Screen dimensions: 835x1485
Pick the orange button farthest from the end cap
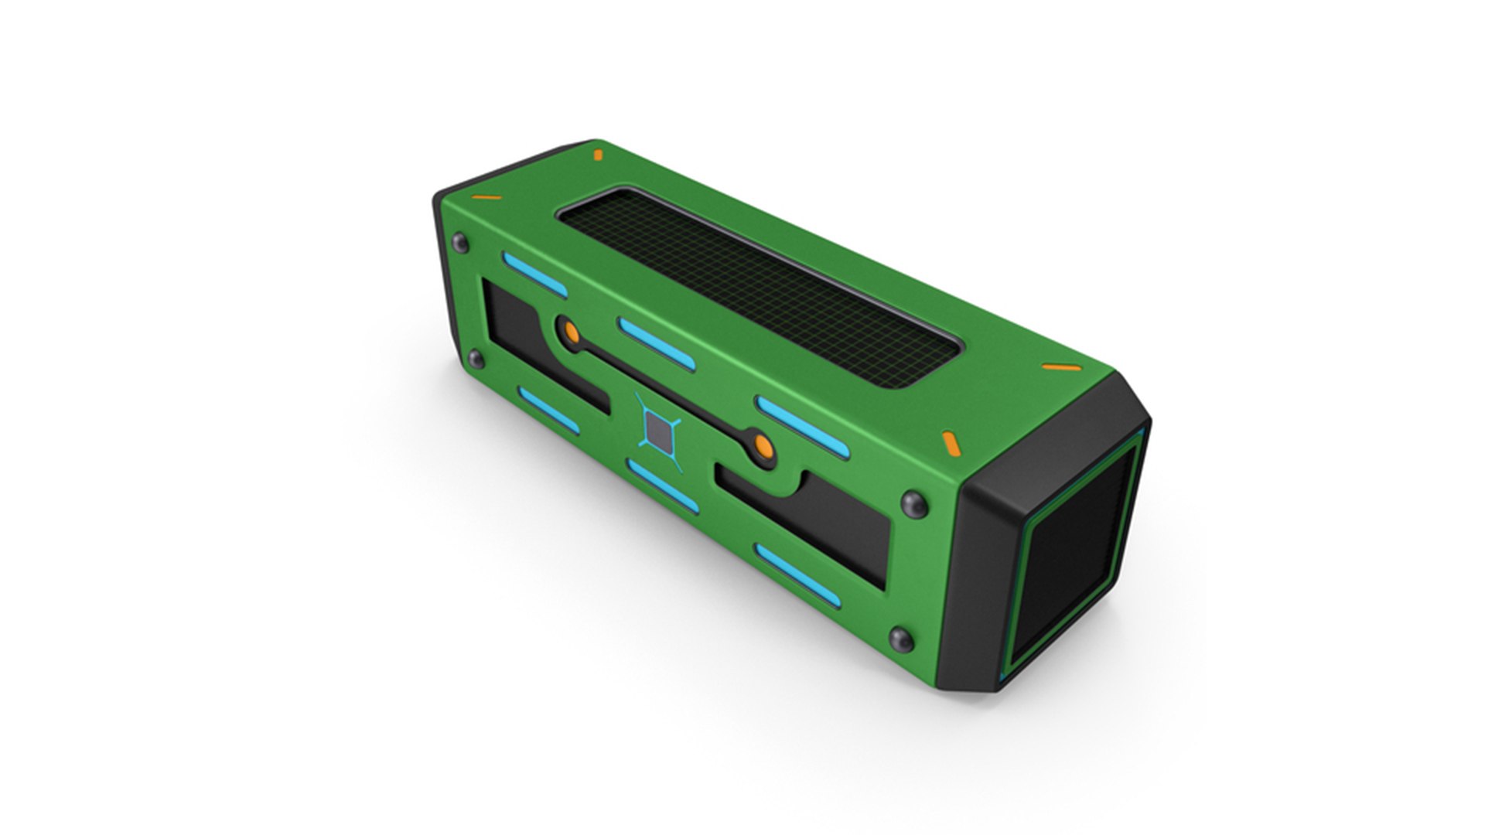pos(571,332)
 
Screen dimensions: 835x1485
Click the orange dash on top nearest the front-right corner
pos(951,443)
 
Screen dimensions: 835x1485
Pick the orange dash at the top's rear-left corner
pos(597,155)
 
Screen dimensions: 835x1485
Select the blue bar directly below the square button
pos(663,486)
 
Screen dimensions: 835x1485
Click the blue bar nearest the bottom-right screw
pos(797,573)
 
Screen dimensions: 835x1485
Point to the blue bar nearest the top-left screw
pos(534,274)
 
